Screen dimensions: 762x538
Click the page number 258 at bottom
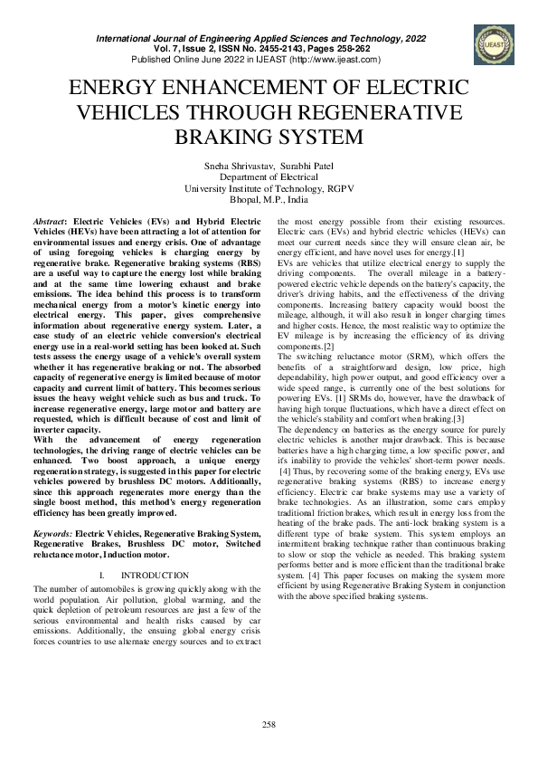coord(269,723)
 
